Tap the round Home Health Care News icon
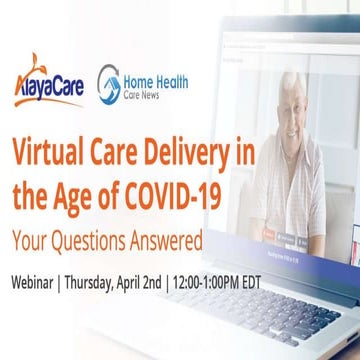tap(109, 83)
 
